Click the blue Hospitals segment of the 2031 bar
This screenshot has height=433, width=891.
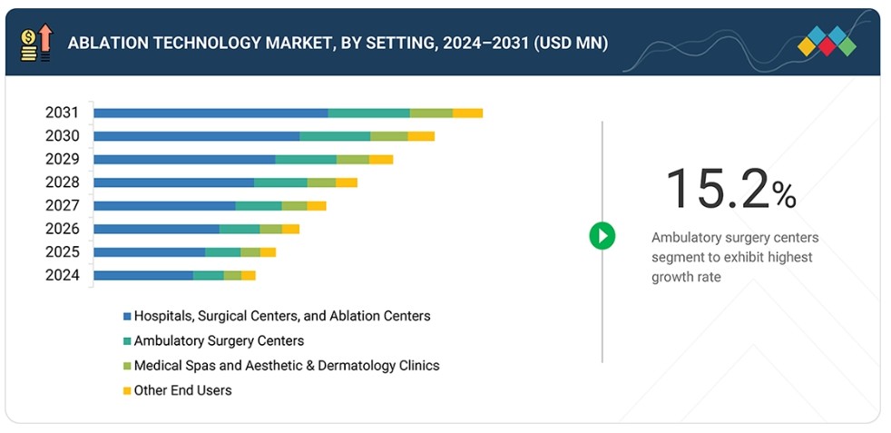(211, 113)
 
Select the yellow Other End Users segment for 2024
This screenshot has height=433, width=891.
(249, 276)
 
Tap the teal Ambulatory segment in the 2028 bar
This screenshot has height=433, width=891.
(280, 182)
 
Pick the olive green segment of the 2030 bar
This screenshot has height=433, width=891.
(389, 136)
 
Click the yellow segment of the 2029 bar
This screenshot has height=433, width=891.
(381, 159)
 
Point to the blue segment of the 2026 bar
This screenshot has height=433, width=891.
(157, 229)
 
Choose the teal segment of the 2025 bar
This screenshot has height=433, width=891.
(223, 252)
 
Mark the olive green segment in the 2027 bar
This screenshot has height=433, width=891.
(294, 206)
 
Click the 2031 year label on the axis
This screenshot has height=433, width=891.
(63, 113)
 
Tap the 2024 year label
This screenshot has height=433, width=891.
(63, 276)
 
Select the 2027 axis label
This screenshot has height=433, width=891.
(63, 206)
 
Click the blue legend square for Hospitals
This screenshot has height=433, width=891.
(127, 316)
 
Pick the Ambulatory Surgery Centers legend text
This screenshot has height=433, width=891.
(219, 341)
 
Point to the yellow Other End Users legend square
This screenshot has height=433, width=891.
(127, 391)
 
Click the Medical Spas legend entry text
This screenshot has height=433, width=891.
(287, 366)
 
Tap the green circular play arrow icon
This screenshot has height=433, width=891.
(602, 235)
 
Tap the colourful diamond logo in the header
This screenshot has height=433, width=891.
(827, 41)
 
